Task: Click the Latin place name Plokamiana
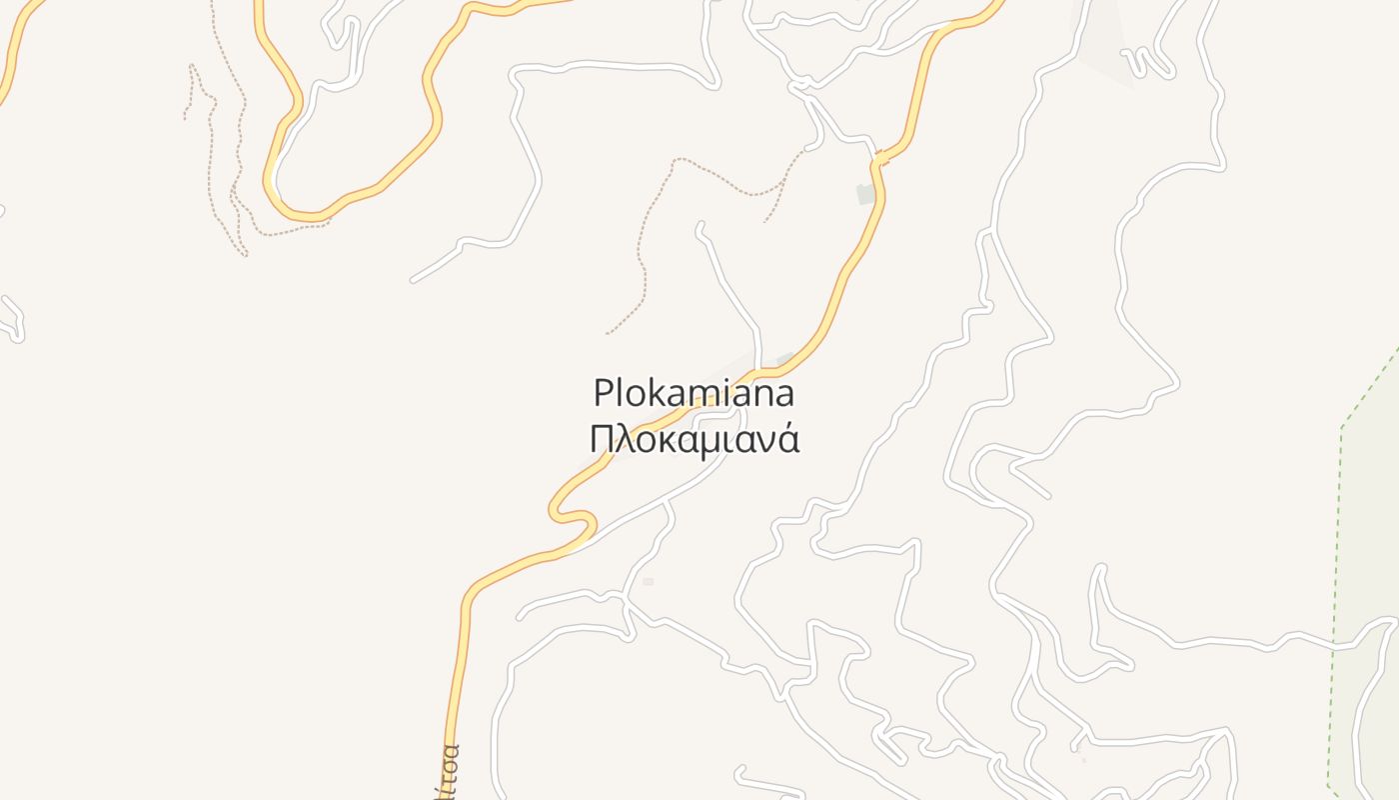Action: coord(694,393)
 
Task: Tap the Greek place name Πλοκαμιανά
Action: coord(694,439)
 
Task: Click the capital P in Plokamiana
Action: coord(603,393)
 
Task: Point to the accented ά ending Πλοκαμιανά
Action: coord(788,439)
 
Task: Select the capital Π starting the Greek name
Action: coord(602,439)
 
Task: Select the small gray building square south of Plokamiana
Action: coord(648,581)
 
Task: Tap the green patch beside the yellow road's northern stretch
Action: coord(865,194)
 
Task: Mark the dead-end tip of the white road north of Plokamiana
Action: coord(699,226)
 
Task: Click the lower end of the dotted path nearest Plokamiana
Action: coord(609,333)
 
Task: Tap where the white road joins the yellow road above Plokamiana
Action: coord(760,372)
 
